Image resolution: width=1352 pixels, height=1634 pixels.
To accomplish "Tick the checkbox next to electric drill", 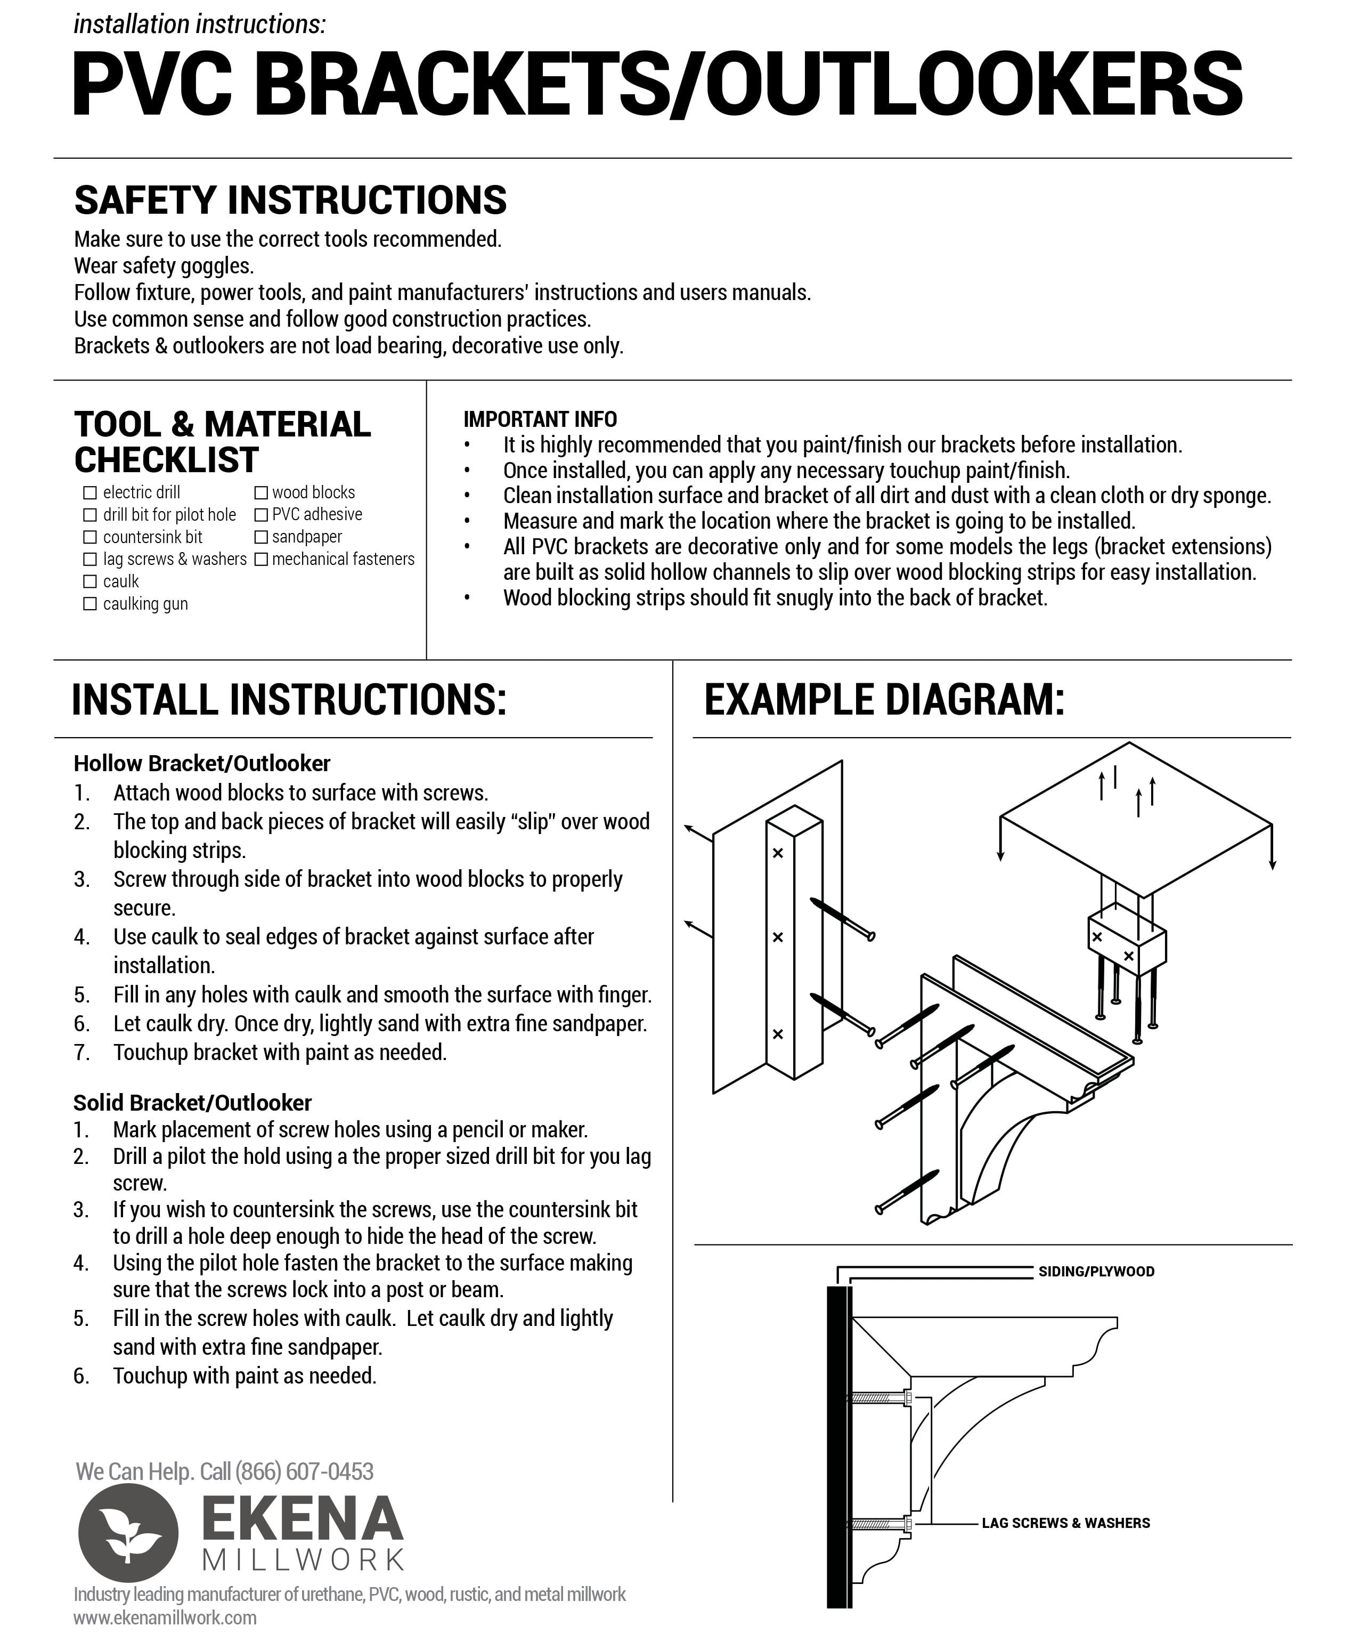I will pyautogui.click(x=89, y=492).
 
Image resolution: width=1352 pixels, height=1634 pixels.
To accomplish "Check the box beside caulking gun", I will pyautogui.click(x=89, y=604).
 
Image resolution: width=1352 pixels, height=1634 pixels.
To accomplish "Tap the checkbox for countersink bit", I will pyautogui.click(x=89, y=537).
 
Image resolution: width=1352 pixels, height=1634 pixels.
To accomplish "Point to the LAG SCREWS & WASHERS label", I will pyautogui.click(x=1065, y=1523).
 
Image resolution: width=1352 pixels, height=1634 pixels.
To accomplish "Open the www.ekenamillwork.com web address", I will pyautogui.click(x=165, y=1617).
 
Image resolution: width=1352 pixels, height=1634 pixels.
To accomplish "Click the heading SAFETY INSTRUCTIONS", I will pyautogui.click(x=290, y=200).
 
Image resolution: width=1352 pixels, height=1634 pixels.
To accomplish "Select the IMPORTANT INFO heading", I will pyautogui.click(x=540, y=419).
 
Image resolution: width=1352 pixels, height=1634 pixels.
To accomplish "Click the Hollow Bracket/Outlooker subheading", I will pyautogui.click(x=201, y=763).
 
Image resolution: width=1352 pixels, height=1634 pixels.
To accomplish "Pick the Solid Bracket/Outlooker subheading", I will pyautogui.click(x=192, y=1103).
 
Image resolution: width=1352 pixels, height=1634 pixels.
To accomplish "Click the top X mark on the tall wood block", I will pyautogui.click(x=777, y=853).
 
